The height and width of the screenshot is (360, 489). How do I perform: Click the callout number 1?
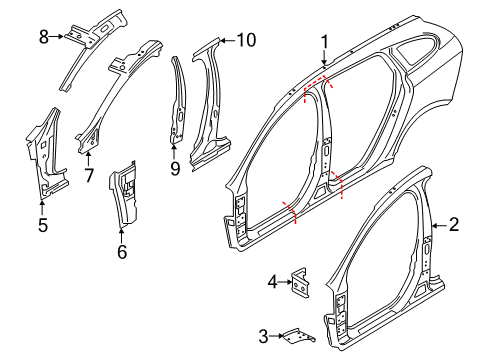click(324, 41)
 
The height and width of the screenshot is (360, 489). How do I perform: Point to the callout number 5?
click(42, 225)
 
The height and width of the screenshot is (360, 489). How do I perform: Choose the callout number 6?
click(122, 253)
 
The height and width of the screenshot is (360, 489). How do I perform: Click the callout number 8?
click(44, 37)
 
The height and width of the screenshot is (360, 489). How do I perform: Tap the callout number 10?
click(246, 40)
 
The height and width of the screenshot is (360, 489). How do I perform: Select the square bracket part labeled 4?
click(299, 284)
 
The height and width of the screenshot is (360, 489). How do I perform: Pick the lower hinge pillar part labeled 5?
click(47, 160)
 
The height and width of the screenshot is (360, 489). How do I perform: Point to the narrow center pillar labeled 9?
click(179, 110)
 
